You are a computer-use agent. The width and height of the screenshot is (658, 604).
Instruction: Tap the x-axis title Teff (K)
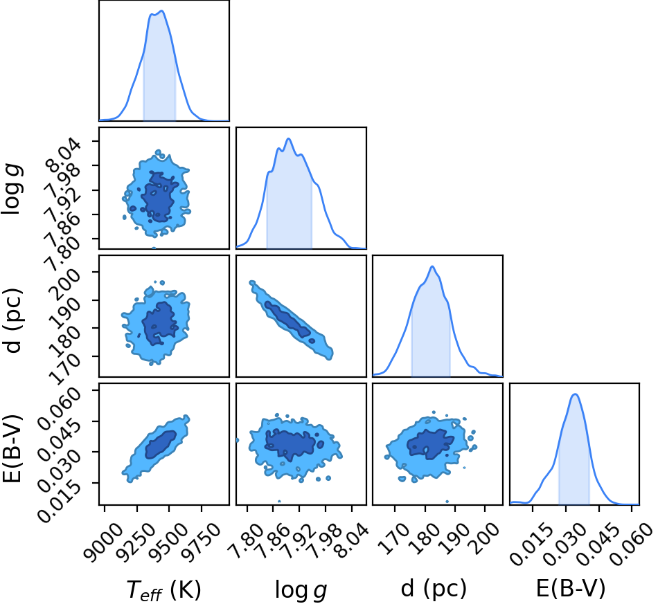coord(164,589)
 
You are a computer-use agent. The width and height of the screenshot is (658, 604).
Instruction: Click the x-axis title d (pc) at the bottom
coord(434,587)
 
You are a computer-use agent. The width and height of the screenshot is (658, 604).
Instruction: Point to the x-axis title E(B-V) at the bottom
coord(571,587)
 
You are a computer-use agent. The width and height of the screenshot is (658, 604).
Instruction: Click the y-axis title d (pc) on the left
coord(12,320)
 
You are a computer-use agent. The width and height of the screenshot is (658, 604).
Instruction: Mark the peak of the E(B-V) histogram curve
coord(575,394)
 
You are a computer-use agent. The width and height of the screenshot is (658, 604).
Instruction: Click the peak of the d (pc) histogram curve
coord(432,266)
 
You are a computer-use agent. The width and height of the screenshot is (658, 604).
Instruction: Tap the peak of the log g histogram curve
coord(288,138)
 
